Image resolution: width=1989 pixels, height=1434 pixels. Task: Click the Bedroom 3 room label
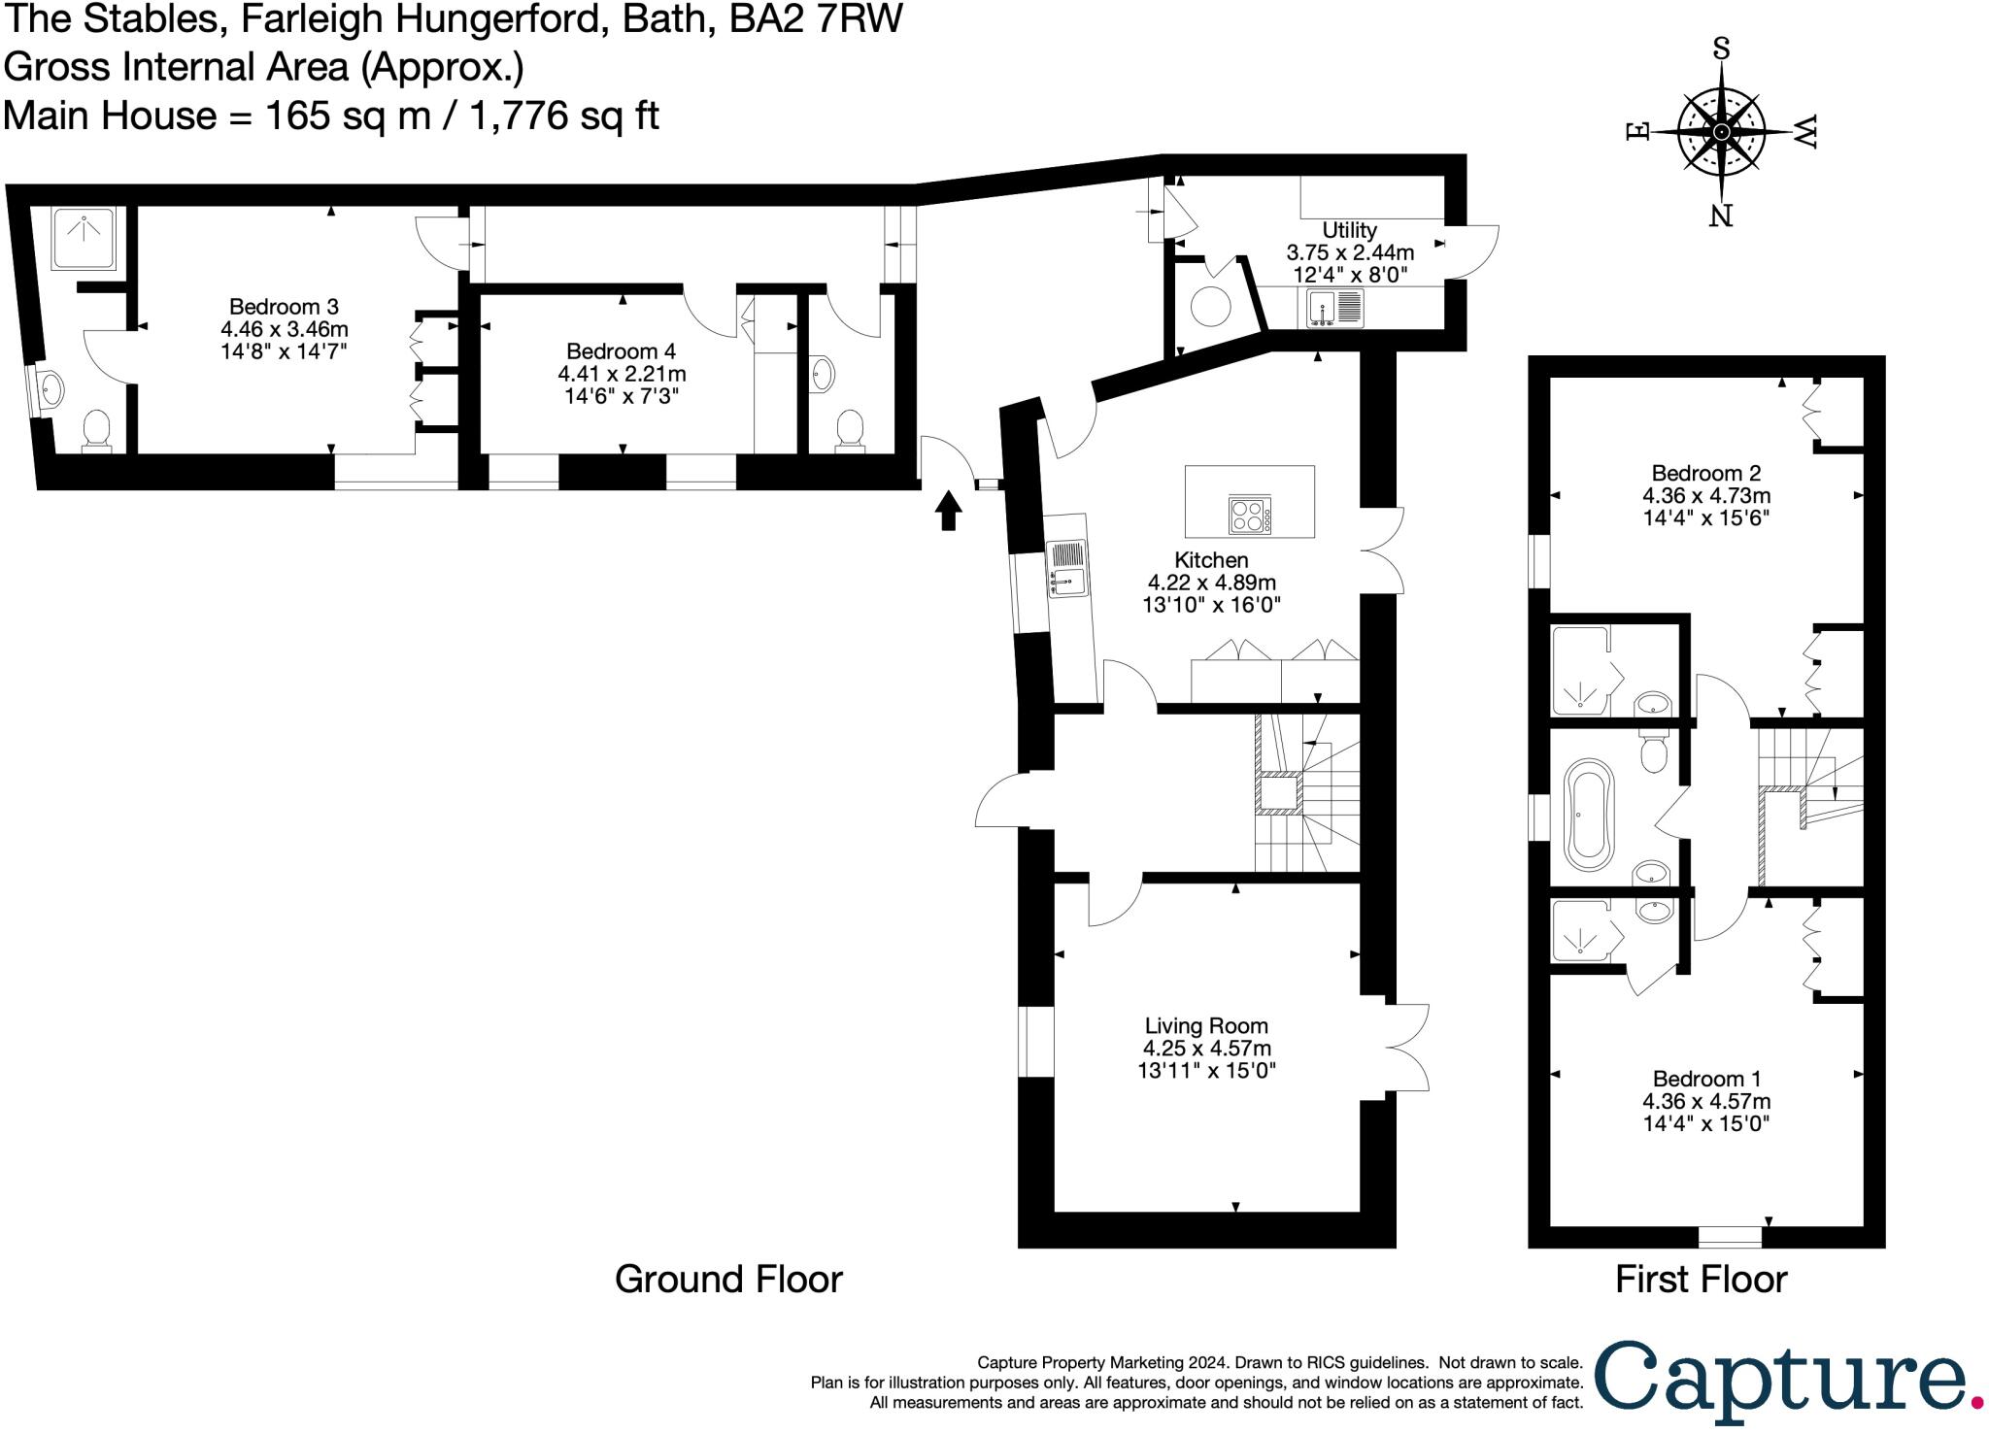click(284, 307)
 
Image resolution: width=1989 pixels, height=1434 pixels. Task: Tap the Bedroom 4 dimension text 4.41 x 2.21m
click(622, 374)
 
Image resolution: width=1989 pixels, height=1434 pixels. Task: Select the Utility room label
click(1349, 230)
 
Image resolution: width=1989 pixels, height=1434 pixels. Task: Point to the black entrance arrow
click(948, 511)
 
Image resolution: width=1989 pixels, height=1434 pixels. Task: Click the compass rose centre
click(1721, 132)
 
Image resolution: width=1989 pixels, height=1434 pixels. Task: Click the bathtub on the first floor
click(1589, 815)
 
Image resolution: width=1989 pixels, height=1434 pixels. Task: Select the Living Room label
click(1206, 1025)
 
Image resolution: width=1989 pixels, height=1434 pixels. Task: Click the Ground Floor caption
click(728, 1280)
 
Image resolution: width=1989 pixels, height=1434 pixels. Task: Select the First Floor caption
click(1701, 1280)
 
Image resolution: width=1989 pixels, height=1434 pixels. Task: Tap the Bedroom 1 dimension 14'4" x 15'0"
click(1705, 1124)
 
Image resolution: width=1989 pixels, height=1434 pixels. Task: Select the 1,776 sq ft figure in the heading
click(563, 117)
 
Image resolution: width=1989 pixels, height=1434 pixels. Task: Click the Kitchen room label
click(1211, 560)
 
